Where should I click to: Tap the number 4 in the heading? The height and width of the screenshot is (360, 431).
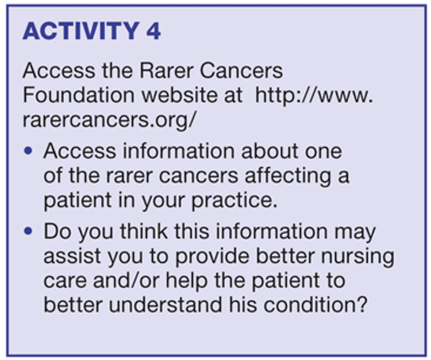click(x=153, y=31)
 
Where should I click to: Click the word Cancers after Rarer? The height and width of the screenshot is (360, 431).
click(x=241, y=71)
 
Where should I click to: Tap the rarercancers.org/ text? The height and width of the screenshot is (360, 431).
click(x=109, y=120)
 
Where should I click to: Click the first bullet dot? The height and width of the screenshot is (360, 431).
click(x=28, y=151)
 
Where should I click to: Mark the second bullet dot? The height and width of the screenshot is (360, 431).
click(x=28, y=231)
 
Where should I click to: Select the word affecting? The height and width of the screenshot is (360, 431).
click(x=287, y=176)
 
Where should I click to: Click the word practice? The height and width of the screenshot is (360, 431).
click(x=234, y=201)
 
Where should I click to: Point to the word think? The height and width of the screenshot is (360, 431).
click(x=144, y=231)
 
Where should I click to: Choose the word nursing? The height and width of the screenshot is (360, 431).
click(x=357, y=257)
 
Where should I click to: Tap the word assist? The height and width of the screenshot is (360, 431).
click(x=72, y=256)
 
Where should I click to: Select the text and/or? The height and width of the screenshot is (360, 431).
click(x=126, y=281)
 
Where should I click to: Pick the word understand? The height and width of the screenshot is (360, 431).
click(x=166, y=305)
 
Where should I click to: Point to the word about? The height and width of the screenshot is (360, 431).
click(x=270, y=151)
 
